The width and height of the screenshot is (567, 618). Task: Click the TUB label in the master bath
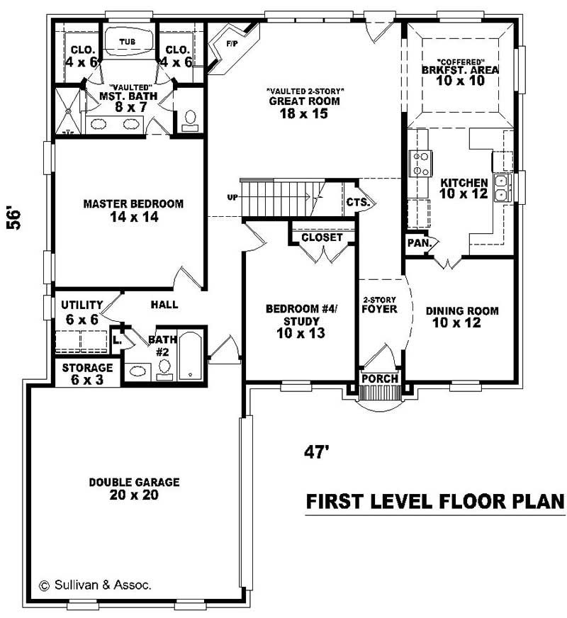[127, 42]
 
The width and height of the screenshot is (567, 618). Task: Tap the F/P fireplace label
[231, 44]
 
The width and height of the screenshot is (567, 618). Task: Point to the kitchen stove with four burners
[421, 163]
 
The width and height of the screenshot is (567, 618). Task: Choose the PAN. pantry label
[416, 243]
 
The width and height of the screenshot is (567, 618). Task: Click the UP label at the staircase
[232, 197]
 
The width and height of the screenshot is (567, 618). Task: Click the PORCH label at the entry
[380, 378]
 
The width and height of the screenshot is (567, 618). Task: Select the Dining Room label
[462, 310]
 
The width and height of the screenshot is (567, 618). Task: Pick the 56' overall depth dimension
[16, 218]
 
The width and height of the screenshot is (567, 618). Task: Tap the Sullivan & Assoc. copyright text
[95, 585]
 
